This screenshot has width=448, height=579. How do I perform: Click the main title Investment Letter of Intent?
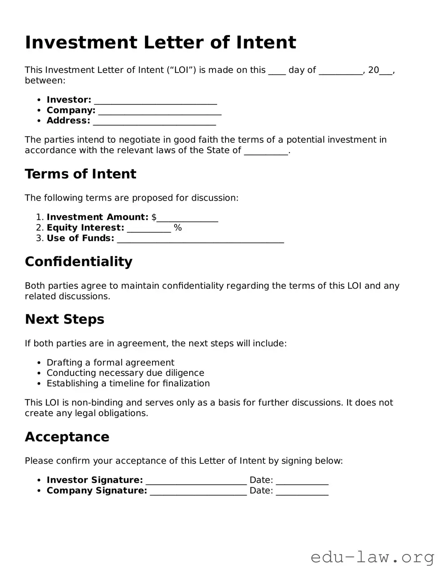160,42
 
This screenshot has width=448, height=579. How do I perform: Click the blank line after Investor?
155,101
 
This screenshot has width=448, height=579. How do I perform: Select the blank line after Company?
160,111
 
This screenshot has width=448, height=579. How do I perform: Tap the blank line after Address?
154,122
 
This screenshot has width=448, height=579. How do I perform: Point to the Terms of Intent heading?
80,174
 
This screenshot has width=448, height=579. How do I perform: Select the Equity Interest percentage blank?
149,229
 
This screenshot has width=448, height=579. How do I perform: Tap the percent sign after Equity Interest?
178,228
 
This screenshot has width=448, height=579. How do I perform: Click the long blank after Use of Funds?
200,239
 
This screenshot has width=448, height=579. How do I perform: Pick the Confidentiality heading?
78,261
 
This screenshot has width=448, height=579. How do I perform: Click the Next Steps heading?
65,319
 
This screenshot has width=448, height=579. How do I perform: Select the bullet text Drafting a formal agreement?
110,363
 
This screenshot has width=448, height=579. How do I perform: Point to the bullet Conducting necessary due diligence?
125,373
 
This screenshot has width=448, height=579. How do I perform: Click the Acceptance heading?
67,437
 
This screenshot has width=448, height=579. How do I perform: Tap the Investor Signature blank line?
196,481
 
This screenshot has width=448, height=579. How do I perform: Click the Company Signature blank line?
198,492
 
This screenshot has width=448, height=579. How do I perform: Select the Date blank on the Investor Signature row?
302,481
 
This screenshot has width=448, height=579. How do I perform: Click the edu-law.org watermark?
372,557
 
